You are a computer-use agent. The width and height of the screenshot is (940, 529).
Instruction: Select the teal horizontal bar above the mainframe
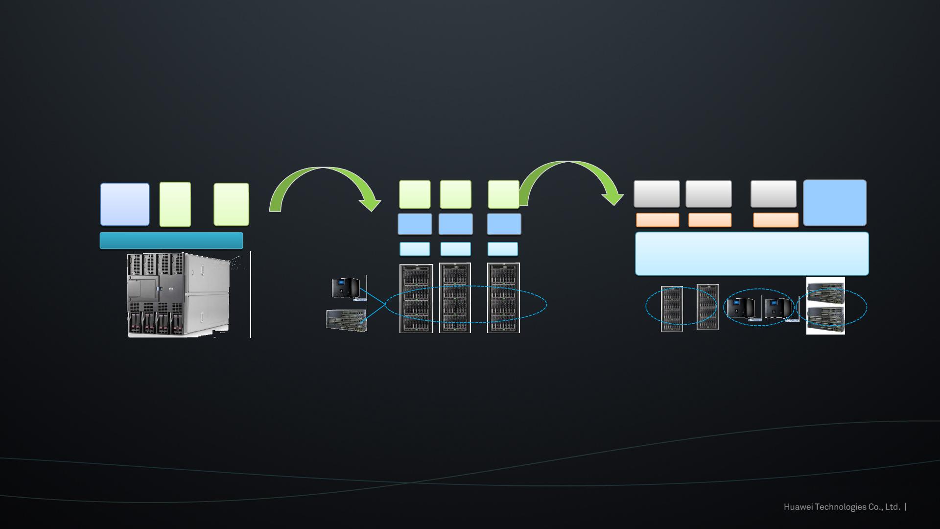click(x=171, y=240)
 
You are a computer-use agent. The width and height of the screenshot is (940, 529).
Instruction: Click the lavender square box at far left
click(x=125, y=205)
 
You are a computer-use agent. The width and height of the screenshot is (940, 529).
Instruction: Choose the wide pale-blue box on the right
click(x=752, y=254)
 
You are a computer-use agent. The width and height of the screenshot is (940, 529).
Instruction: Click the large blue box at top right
click(x=835, y=203)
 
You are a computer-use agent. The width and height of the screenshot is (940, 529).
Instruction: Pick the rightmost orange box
click(x=775, y=220)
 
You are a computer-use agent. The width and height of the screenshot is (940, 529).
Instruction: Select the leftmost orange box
click(x=658, y=220)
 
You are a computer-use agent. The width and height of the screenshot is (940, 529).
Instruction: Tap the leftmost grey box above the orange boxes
click(x=657, y=194)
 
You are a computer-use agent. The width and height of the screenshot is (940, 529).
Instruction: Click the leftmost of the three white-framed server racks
click(x=416, y=298)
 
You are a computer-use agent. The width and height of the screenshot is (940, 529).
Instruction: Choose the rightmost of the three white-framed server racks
click(x=503, y=298)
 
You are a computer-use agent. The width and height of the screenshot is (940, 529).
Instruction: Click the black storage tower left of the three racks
click(x=346, y=288)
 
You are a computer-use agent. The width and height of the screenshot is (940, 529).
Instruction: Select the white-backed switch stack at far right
click(x=825, y=306)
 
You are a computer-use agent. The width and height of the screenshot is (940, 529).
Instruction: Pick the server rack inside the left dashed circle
click(x=672, y=309)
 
